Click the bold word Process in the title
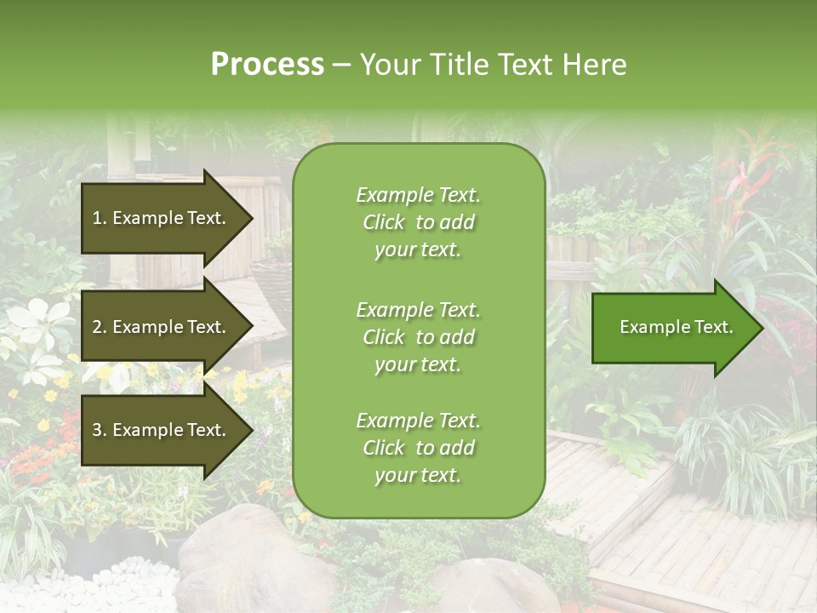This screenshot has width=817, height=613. point(267,65)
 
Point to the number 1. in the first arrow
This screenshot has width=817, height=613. point(100,218)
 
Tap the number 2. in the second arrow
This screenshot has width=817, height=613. point(100,327)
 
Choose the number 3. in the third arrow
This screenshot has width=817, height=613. point(100,430)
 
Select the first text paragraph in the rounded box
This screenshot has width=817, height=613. point(418,222)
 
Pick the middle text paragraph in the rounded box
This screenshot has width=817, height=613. point(418,336)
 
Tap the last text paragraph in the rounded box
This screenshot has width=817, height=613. point(418,448)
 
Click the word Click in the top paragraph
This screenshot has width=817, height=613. point(384,222)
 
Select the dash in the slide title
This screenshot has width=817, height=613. point(342,65)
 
